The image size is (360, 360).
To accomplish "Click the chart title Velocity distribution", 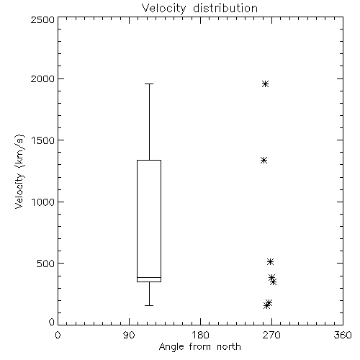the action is tap(199, 9).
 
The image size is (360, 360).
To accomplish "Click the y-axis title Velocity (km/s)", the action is tap(19, 171).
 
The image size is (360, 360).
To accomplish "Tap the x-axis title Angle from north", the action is tap(199, 346).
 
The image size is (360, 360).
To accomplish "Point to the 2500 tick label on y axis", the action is tap(42, 19).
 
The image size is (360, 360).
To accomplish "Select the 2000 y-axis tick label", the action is tap(42, 78).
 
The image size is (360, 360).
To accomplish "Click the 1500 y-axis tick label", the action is tap(43, 140).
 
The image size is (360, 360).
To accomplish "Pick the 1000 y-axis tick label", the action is tap(43, 202).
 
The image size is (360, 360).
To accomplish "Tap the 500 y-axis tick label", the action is tap(46, 264).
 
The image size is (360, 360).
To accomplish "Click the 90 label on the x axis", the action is tap(129, 335).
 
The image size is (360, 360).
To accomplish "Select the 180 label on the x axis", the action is tap(200, 335).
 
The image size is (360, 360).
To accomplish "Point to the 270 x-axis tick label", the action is tap(271, 335).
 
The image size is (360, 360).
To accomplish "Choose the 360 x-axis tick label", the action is tap(343, 335).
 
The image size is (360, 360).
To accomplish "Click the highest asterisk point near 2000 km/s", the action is tap(265, 84).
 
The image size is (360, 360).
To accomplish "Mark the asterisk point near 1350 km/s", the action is tap(264, 160).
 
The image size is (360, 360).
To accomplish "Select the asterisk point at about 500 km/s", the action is tap(271, 261).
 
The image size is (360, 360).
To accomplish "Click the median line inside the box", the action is tap(149, 277).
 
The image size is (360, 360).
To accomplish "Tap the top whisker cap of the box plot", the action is tap(149, 84).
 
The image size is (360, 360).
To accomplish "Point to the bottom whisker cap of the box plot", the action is tap(149, 305).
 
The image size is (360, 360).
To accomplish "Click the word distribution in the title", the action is tap(225, 9).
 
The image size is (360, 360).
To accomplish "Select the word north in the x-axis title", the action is tap(229, 346).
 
